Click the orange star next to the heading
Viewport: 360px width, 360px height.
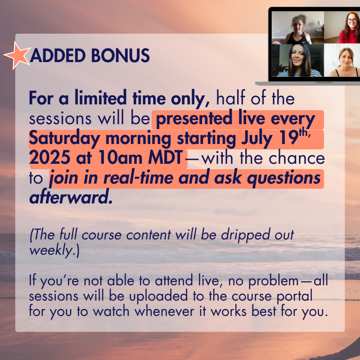pyautogui.click(x=18, y=55)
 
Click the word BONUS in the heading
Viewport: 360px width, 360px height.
pyautogui.click(x=120, y=55)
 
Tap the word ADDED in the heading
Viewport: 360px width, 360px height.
pyautogui.click(x=58, y=55)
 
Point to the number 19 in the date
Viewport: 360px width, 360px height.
pyautogui.click(x=290, y=138)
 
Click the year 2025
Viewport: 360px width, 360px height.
pyautogui.click(x=50, y=158)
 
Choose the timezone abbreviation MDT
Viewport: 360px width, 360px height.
pyautogui.click(x=165, y=158)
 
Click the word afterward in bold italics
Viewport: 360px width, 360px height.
pyautogui.click(x=71, y=198)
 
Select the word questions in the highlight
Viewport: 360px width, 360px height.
pyautogui.click(x=283, y=178)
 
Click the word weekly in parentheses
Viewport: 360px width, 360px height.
pyautogui.click(x=51, y=250)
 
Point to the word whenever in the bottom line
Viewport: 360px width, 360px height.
pyautogui.click(x=164, y=311)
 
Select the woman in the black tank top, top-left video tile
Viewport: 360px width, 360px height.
pyautogui.click(x=298, y=29)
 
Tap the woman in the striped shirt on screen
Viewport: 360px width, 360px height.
pyautogui.click(x=298, y=61)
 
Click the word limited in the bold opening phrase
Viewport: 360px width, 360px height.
pyautogui.click(x=100, y=98)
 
